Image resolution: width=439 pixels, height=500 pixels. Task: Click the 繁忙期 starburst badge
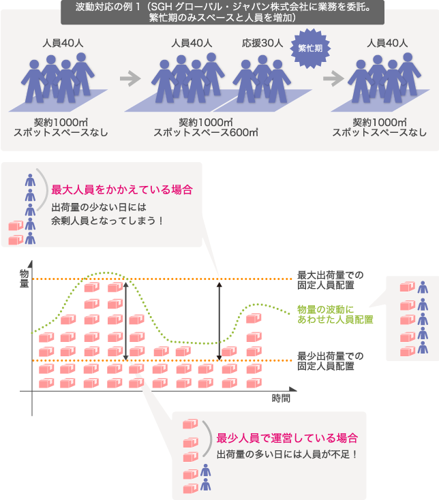point(310,48)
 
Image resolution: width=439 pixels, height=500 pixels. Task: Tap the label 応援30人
point(262,43)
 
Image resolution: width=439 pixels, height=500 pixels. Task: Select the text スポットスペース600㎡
point(206,132)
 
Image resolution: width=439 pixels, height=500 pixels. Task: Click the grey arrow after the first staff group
point(130,79)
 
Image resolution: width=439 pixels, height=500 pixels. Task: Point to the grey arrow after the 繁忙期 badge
point(334,78)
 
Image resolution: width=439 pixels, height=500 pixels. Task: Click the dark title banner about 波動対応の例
point(222,12)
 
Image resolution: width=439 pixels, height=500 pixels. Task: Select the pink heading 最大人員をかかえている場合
point(122,190)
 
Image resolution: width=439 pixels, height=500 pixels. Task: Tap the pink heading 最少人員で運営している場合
point(287,438)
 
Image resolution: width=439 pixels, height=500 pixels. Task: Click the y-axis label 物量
point(25,279)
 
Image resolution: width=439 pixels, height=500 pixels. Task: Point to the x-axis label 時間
point(281,399)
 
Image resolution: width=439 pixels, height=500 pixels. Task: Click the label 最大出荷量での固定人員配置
point(331,280)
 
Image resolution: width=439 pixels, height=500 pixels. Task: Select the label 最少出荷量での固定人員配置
point(331,361)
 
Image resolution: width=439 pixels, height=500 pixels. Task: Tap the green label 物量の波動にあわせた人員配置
point(335,315)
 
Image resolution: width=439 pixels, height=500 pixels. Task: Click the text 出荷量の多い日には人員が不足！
point(287,454)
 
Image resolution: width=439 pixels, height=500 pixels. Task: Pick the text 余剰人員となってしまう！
point(107,220)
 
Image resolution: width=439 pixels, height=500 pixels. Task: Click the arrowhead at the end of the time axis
point(293,389)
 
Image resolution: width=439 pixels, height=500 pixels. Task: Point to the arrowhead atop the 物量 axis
point(30,264)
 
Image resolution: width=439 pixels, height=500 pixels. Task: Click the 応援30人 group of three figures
point(262,79)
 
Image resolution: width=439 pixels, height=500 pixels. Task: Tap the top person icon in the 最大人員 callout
point(30,180)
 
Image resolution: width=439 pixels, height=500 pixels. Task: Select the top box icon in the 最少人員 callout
point(190,424)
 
